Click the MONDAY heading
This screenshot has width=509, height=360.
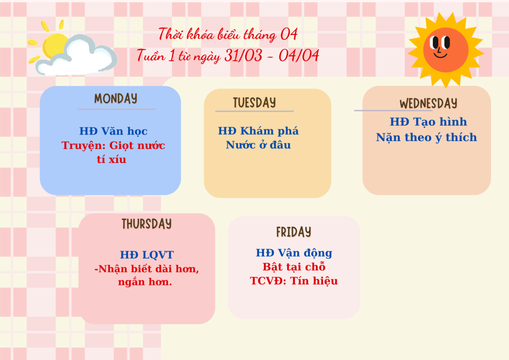tap(116, 99)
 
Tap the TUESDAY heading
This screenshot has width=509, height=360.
tap(254, 103)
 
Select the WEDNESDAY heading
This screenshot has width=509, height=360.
tap(428, 104)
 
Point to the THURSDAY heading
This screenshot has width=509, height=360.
tap(147, 224)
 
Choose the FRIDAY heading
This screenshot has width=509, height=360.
tap(294, 232)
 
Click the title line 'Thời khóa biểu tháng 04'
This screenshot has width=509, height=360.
tap(228, 35)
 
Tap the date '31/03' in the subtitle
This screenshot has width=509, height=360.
tap(243, 55)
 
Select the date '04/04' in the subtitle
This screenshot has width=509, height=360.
tap(299, 55)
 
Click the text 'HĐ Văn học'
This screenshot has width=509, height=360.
tap(113, 131)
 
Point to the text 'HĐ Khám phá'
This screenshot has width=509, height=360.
tap(258, 131)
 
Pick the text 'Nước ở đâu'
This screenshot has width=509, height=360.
tap(258, 145)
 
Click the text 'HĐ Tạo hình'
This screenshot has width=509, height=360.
tap(428, 122)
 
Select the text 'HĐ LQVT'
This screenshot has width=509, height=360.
tap(147, 255)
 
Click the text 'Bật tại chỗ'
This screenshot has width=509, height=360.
tap(294, 267)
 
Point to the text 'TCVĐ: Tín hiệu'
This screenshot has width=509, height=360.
tap(294, 281)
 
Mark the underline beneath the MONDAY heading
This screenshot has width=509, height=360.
tap(116, 109)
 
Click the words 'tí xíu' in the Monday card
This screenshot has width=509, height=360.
tap(111, 159)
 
